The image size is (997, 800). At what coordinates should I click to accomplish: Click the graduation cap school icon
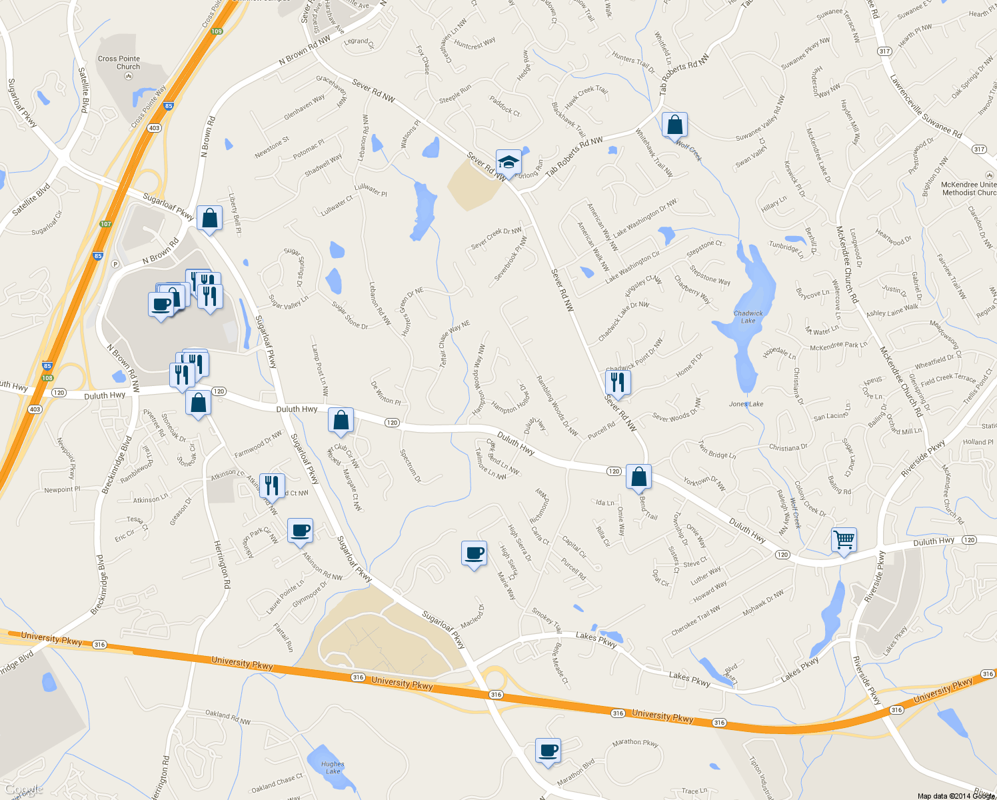508,162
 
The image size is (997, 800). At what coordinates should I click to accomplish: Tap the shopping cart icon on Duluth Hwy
844,539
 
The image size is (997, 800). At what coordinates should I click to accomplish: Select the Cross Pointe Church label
119,63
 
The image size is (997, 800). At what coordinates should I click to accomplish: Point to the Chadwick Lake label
748,317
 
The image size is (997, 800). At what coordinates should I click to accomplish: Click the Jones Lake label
746,404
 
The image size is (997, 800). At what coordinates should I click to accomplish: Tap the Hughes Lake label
333,768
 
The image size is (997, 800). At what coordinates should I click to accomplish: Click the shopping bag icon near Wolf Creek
674,125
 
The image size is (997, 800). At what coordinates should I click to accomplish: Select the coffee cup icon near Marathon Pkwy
548,751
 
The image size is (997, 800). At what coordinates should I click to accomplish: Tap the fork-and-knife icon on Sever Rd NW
618,381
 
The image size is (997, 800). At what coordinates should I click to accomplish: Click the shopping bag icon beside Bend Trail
638,477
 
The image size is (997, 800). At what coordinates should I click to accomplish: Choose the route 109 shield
217,31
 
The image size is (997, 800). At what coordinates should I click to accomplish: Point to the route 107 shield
105,224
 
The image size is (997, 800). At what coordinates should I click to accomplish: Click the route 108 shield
47,378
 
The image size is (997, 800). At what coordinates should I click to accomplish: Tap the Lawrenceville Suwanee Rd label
926,107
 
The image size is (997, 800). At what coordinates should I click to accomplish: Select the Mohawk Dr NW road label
763,603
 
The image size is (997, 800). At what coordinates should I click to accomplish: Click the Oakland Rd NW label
228,717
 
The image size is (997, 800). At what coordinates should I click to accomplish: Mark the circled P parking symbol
115,263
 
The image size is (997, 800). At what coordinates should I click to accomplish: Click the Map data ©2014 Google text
956,795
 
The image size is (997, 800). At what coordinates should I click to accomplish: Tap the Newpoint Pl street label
62,489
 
